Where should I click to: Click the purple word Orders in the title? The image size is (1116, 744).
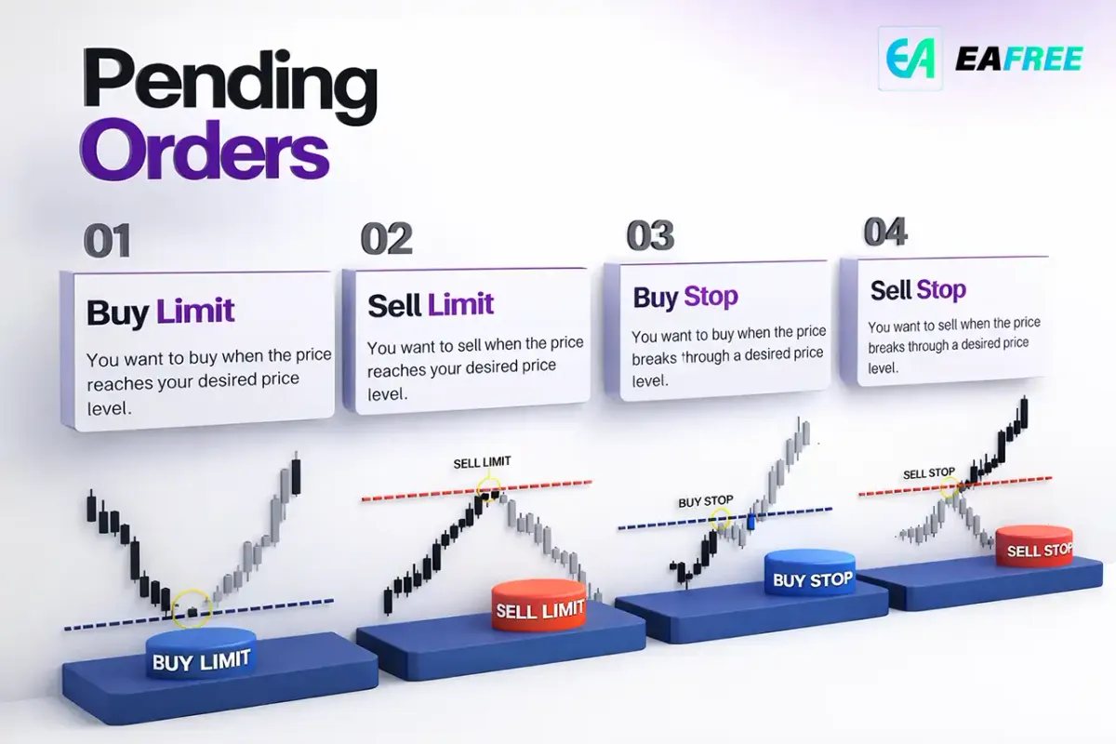click(205, 150)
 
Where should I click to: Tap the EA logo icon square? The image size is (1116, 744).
click(910, 59)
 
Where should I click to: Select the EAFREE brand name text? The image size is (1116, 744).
click(1019, 60)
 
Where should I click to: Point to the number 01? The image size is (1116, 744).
click(108, 241)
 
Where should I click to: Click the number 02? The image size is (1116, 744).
click(387, 238)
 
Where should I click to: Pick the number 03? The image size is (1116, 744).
click(650, 235)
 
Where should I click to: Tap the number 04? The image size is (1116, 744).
click(885, 232)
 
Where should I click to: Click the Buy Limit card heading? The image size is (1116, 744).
click(160, 312)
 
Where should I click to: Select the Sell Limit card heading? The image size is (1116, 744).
click(431, 304)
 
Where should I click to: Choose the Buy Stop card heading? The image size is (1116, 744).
click(685, 297)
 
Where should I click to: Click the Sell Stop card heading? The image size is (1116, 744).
click(918, 290)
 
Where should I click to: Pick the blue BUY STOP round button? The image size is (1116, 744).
click(810, 573)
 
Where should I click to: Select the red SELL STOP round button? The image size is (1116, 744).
click(1034, 546)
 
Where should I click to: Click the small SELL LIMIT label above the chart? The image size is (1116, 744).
click(482, 462)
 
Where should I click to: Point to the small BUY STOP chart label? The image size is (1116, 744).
click(706, 501)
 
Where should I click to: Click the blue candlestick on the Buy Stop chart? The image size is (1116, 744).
click(751, 522)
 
